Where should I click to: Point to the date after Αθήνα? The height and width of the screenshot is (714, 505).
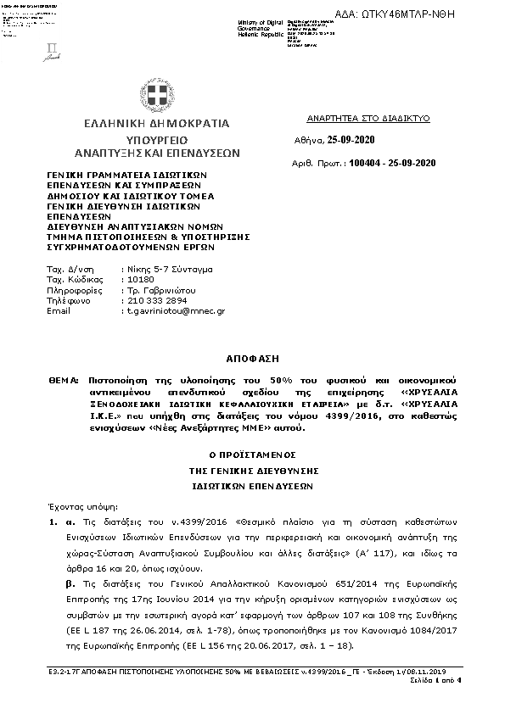click(351, 140)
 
